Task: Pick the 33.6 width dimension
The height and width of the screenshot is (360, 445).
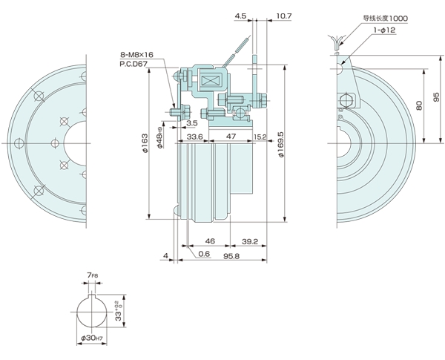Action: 195,137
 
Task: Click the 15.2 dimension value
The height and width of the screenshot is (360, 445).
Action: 260,137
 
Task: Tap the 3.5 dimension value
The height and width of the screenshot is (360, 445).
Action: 192,123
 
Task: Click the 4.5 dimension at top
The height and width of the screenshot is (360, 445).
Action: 240,15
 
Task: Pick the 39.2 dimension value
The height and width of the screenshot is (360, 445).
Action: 250,241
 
